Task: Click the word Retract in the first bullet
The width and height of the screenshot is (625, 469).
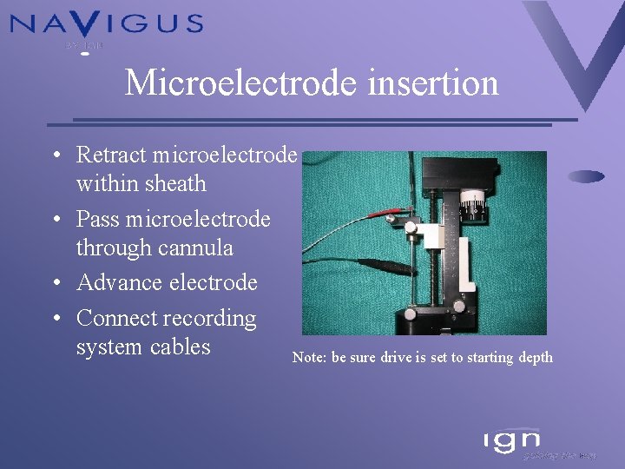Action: pos(111,155)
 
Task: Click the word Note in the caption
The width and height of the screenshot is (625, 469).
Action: pos(308,358)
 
